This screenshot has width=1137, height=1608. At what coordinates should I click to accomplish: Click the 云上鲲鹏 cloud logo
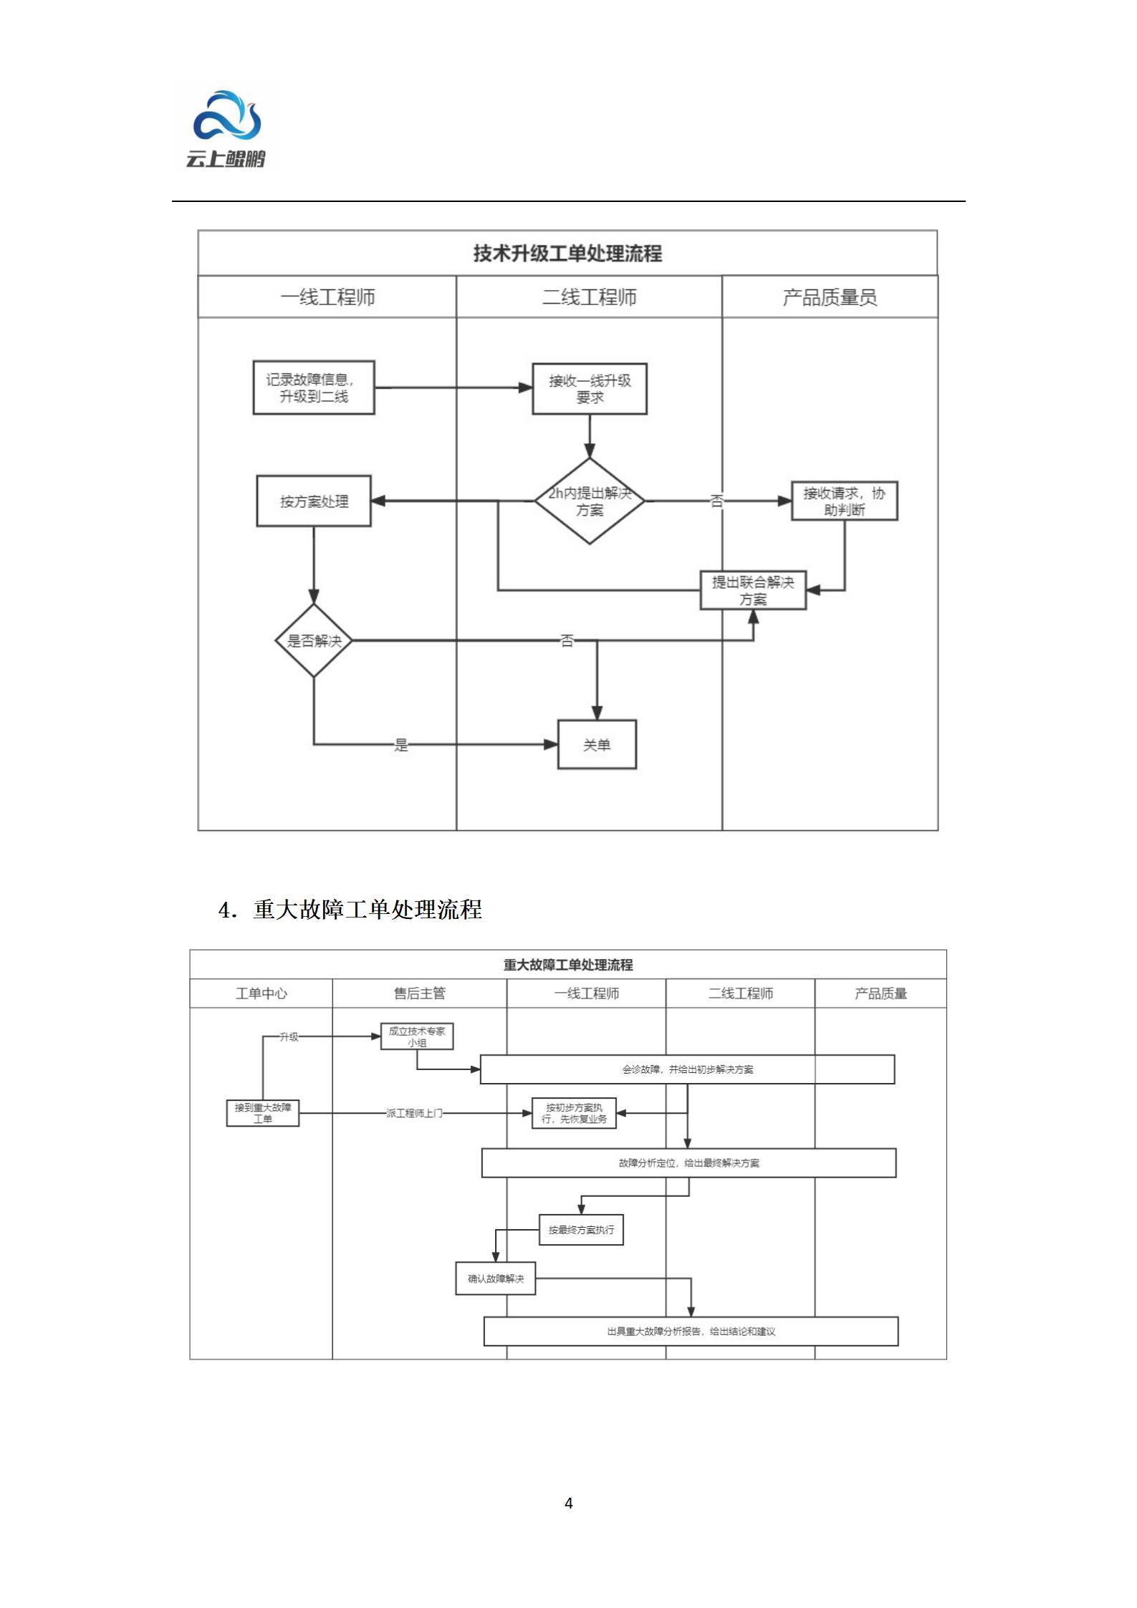tap(226, 129)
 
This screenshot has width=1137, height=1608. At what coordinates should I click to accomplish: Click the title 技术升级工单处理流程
tap(567, 254)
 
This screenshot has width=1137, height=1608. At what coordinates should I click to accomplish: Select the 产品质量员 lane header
tap(830, 297)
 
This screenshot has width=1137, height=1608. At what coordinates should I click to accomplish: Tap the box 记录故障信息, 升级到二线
tap(314, 387)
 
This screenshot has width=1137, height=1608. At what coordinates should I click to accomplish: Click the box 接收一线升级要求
tap(590, 388)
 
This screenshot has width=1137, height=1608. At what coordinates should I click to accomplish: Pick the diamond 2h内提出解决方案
tap(590, 501)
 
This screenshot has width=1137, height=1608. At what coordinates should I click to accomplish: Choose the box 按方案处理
tap(314, 501)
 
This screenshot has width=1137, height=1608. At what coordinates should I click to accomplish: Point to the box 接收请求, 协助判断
tap(844, 501)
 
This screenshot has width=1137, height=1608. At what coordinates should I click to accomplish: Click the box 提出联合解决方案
tap(753, 590)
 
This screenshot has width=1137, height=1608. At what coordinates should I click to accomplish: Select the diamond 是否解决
tap(314, 640)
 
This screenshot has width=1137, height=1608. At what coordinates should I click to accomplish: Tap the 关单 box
tap(597, 745)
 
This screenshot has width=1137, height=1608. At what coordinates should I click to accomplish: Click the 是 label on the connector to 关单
tap(401, 745)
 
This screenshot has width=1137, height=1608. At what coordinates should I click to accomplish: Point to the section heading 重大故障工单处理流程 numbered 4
tap(351, 910)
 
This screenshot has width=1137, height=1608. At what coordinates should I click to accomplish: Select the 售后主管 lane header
tap(420, 993)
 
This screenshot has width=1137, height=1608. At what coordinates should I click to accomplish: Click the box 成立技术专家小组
tap(417, 1036)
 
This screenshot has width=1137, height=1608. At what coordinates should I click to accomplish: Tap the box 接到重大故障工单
tap(263, 1113)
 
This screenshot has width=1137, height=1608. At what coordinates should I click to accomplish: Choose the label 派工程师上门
tap(414, 1113)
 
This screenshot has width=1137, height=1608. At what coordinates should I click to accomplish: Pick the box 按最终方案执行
tap(581, 1230)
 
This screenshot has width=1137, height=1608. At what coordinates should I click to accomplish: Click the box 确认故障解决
tap(496, 1279)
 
